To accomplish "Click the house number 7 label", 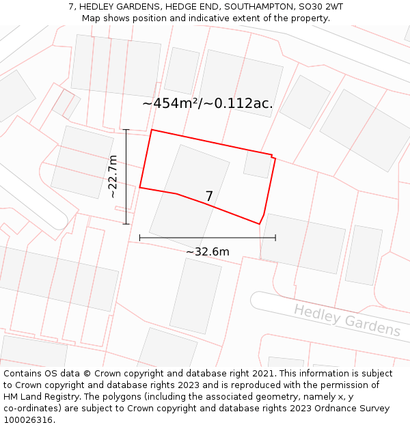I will tap(209, 197).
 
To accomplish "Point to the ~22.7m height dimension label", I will tap(113, 177).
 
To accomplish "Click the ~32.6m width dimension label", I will tap(208, 251).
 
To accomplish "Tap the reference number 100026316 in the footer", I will tap(29, 419).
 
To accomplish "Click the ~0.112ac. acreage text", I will tap(243, 104).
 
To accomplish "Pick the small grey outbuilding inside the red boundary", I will tap(257, 165).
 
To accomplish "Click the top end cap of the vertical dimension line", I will tap(126, 129).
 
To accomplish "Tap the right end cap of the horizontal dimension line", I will tap(275, 238).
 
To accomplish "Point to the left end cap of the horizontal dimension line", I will tap(140, 238).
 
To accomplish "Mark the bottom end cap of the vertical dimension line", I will tap(126, 223).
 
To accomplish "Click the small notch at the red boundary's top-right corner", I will tap(273, 156).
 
